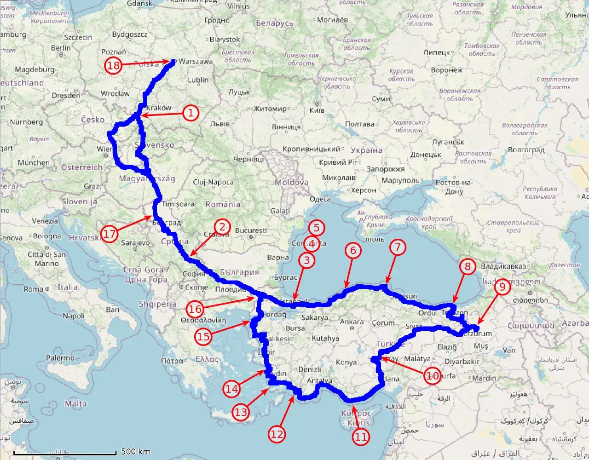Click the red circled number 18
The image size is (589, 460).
[x=113, y=65]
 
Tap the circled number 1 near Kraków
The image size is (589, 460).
[x=191, y=113]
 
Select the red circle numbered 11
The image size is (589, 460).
[x=361, y=436]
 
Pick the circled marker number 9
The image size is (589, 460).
[x=502, y=287]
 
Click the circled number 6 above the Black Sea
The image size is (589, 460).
[x=353, y=250]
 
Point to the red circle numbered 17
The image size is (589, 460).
[x=110, y=234]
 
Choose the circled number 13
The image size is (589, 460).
[x=241, y=412]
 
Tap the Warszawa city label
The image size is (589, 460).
[x=196, y=61]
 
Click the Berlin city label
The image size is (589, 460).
[x=61, y=48]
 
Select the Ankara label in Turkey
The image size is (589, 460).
[x=352, y=322]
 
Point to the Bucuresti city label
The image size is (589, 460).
[x=251, y=230]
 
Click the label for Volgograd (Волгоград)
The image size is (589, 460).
[x=526, y=150]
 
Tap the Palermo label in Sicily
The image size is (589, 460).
[x=60, y=357]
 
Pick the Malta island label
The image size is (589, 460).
[x=75, y=403]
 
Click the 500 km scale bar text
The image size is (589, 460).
[x=136, y=452]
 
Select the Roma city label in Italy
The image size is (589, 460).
[x=33, y=289]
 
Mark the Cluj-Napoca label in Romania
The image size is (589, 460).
[x=213, y=182]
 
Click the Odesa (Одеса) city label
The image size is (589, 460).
[x=320, y=199]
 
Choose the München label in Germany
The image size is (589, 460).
[x=34, y=162]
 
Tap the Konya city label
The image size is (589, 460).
[x=346, y=362]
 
